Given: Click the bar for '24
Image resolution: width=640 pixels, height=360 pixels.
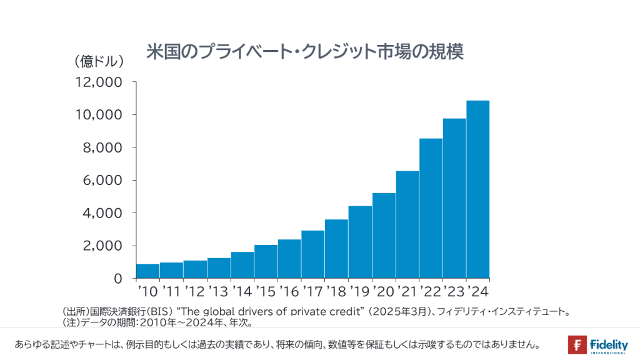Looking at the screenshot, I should click(x=477, y=189).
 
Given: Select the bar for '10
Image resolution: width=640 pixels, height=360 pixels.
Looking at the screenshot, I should click(x=148, y=271).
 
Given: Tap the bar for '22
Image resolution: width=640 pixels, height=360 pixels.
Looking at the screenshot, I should click(x=431, y=208).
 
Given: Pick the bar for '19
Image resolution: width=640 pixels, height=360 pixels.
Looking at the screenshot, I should click(x=360, y=242).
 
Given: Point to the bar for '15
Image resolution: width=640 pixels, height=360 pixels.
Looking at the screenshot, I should click(x=266, y=261).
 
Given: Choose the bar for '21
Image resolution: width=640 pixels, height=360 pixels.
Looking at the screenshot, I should click(x=407, y=224).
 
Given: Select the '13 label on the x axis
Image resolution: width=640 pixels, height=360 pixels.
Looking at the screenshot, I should click(x=218, y=291).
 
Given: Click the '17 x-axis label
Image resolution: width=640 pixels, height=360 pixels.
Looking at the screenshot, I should click(x=312, y=291).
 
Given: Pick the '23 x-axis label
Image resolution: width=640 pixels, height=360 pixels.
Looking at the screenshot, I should click(x=454, y=291).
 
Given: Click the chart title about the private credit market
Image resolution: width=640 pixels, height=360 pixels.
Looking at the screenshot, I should click(x=304, y=52).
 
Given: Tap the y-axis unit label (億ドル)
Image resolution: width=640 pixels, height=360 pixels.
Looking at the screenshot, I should click(x=99, y=62).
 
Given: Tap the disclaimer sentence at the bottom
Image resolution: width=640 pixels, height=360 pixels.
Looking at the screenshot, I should click(x=277, y=344).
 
